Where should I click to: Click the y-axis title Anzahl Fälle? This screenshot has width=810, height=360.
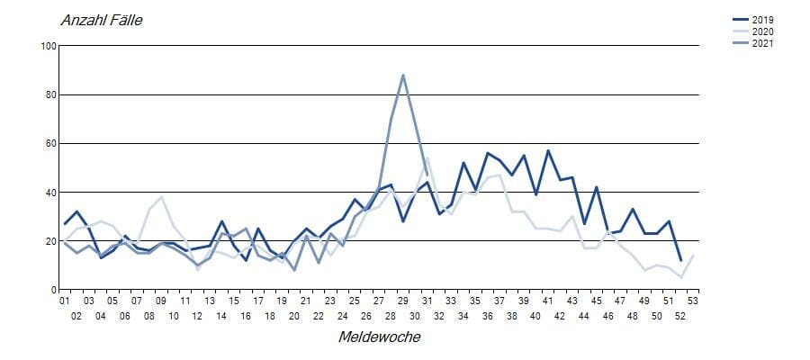point(101,20)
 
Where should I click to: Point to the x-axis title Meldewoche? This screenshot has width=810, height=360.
point(379,337)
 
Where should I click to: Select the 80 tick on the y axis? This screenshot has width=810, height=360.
point(50,94)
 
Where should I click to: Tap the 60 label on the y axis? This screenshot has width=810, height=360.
point(50,143)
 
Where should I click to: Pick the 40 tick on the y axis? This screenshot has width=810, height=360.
point(50,193)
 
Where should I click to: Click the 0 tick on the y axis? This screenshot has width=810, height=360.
point(53,290)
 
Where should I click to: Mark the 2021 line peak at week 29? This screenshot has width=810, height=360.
point(403,75)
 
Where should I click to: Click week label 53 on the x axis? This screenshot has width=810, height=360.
point(693,301)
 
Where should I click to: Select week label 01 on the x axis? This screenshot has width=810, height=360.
point(64,301)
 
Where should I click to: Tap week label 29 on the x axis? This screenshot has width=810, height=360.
point(402,301)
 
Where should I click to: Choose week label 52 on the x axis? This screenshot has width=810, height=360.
point(680,316)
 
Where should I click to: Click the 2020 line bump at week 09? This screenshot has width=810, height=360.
point(161,197)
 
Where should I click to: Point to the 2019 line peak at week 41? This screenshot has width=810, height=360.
point(548,150)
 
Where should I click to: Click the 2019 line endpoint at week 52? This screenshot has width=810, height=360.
point(680,260)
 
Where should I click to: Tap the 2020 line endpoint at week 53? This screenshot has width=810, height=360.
point(693,256)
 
